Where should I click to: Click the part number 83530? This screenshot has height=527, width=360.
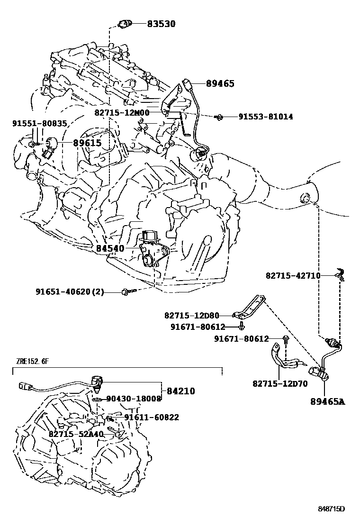pyautogui.click(x=154, y=23)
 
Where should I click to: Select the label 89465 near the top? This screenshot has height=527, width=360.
pyautogui.click(x=220, y=83)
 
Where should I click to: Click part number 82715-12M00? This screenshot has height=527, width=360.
pyautogui.click(x=122, y=113)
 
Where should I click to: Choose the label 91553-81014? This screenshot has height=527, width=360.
pyautogui.click(x=265, y=116)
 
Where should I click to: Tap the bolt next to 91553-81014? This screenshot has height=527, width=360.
pyautogui.click(x=219, y=116)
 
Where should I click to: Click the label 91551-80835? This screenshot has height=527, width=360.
pyautogui.click(x=40, y=124)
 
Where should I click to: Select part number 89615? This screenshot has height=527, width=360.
pyautogui.click(x=87, y=142)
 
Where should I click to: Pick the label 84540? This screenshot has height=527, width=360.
pyautogui.click(x=110, y=248)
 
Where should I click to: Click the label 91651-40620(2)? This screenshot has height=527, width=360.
pyautogui.click(x=70, y=292)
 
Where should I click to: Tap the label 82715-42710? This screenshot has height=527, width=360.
pyautogui.click(x=293, y=275)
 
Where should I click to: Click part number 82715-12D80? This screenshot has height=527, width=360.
pyautogui.click(x=192, y=315)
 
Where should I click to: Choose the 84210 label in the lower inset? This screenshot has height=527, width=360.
pyautogui.click(x=180, y=391)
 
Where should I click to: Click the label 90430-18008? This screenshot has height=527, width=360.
pyautogui.click(x=134, y=399)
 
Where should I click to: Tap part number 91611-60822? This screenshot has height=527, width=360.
pyautogui.click(x=152, y=418)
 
